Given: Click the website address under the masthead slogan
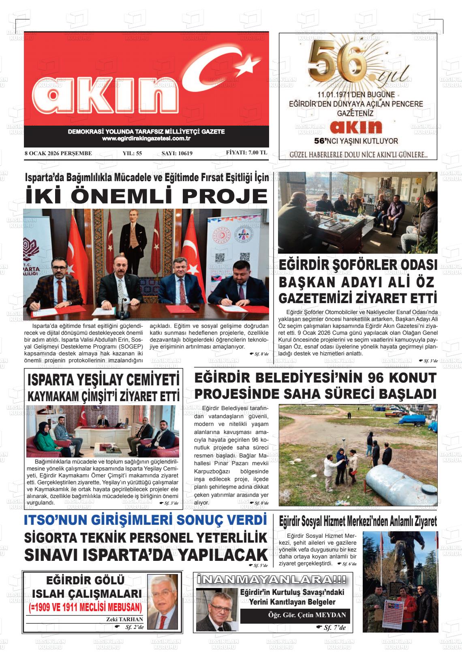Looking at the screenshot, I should click(x=146, y=139).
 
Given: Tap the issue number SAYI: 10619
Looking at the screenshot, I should click(x=177, y=153).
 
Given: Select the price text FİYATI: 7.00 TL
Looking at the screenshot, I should click(x=246, y=153).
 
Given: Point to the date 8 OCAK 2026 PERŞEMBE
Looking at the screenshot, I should click(x=58, y=153).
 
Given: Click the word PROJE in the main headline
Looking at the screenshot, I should click(x=224, y=196).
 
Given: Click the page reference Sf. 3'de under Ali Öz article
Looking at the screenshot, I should click(x=429, y=360).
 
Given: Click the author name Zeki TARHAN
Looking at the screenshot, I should click(x=124, y=619).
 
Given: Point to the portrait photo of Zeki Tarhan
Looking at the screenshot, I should click(x=162, y=601).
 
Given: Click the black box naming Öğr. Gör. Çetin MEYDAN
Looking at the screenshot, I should click(x=295, y=615).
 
